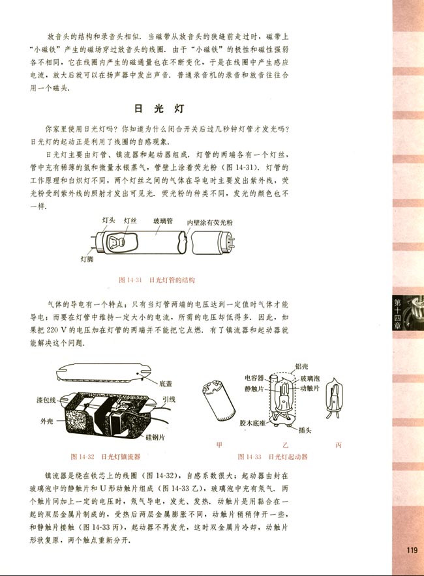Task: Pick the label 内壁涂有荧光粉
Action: pos(209,222)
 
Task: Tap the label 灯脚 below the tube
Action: pos(87,259)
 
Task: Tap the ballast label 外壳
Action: pos(47,420)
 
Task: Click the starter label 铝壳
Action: pos(302,366)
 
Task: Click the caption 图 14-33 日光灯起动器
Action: pos(273,457)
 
